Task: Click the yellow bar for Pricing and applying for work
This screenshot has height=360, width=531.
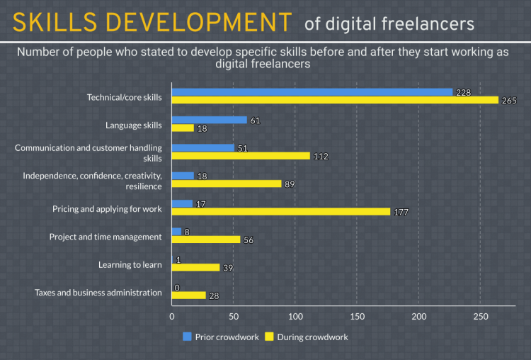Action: [280, 211]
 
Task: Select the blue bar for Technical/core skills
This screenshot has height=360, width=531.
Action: [312, 92]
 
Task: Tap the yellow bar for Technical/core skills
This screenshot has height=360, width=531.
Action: [334, 101]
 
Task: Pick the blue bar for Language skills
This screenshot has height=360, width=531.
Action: [209, 120]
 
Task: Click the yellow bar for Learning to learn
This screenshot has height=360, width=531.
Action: [195, 267]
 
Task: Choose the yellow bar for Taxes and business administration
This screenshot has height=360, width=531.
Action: [188, 295]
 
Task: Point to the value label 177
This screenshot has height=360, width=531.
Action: [401, 212]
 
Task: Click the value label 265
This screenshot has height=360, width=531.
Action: [510, 101]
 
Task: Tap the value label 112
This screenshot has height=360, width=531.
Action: [321, 156]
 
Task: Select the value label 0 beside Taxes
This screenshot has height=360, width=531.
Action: [176, 288]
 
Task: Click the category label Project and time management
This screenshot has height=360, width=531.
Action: [105, 237]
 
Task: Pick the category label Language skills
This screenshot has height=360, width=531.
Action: [134, 125]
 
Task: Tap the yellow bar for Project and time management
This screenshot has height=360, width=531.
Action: [206, 240]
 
